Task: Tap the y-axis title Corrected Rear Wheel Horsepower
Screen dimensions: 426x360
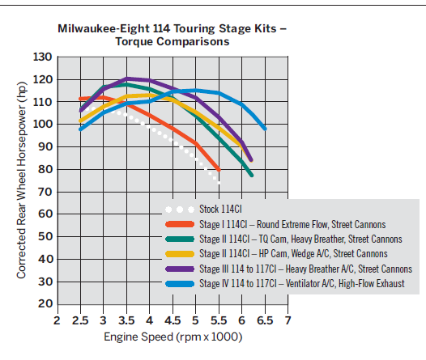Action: pyautogui.click(x=22, y=180)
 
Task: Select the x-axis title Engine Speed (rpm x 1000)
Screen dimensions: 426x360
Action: pyautogui.click(x=173, y=337)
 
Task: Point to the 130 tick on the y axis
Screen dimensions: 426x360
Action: pyautogui.click(x=42, y=57)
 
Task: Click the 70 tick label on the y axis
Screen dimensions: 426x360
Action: pyautogui.click(x=45, y=192)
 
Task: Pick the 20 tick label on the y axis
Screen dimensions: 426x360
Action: pyautogui.click(x=45, y=303)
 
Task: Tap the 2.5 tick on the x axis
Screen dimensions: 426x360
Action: pyautogui.click(x=80, y=320)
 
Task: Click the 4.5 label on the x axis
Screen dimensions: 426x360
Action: pyautogui.click(x=173, y=320)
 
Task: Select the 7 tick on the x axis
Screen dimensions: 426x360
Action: pyautogui.click(x=288, y=320)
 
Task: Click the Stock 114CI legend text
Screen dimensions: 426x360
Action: pyautogui.click(x=220, y=210)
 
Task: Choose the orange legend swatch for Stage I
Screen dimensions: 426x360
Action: pyautogui.click(x=180, y=224)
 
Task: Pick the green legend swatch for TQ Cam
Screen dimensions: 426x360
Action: pyautogui.click(x=180, y=239)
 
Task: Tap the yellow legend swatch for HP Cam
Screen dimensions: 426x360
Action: pyautogui.click(x=180, y=254)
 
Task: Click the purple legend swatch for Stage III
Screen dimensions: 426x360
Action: pyautogui.click(x=180, y=269)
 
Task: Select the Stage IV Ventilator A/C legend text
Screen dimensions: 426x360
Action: pyautogui.click(x=302, y=283)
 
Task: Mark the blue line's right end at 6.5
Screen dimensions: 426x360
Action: pyautogui.click(x=265, y=129)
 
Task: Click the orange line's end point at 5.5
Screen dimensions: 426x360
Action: pyautogui.click(x=219, y=170)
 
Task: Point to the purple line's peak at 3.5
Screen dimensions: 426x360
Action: pyautogui.click(x=126, y=79)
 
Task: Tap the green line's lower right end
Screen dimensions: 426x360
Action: pyautogui.click(x=252, y=176)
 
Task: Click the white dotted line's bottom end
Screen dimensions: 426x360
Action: pyautogui.click(x=219, y=183)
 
